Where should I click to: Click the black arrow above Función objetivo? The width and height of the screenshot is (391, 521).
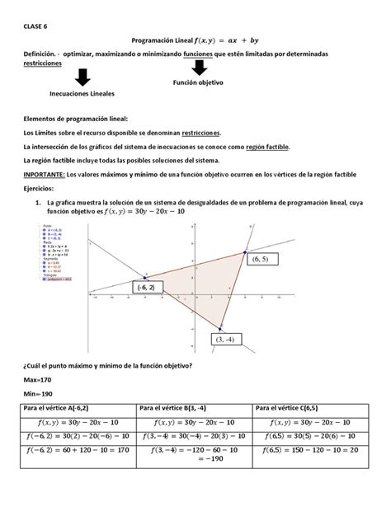(x=199, y=70)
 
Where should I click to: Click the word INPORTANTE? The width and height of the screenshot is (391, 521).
(x=49, y=176)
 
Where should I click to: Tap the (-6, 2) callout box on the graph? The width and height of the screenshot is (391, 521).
(x=148, y=286)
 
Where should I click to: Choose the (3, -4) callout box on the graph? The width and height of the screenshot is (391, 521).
(x=225, y=339)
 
